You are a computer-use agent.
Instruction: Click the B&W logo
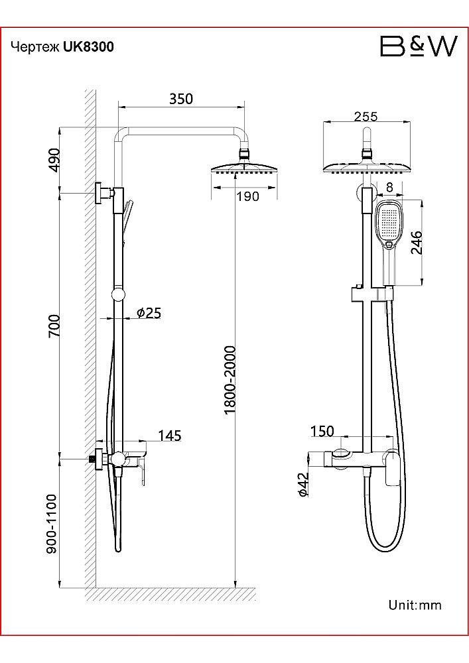pyautogui.click(x=419, y=46)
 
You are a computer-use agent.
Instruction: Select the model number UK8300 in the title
pyautogui.click(x=88, y=46)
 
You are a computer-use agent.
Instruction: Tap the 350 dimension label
pyautogui.click(x=181, y=99)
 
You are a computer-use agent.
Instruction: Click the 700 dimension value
pyautogui.click(x=54, y=326)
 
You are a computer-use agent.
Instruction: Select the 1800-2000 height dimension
pyautogui.click(x=230, y=380)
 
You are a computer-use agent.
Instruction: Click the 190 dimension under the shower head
pyautogui.click(x=247, y=196)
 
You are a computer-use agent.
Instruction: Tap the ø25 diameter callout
pyautogui.click(x=149, y=313)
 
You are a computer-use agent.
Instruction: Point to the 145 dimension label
pyautogui.click(x=170, y=436)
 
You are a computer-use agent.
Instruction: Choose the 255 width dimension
pyautogui.click(x=366, y=116)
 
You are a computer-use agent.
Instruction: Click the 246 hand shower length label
pyautogui.click(x=417, y=242)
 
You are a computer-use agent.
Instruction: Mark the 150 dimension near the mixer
pyautogui.click(x=322, y=432)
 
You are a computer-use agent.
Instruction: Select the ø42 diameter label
pyautogui.click(x=303, y=485)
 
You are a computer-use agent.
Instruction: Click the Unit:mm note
pyautogui.click(x=415, y=605)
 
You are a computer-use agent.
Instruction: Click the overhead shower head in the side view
pyautogui.click(x=243, y=168)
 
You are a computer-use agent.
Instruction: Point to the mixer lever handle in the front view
pyautogui.click(x=393, y=469)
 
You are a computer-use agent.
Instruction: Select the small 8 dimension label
pyautogui.click(x=389, y=187)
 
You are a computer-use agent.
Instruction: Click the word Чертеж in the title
pyautogui.click(x=36, y=47)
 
